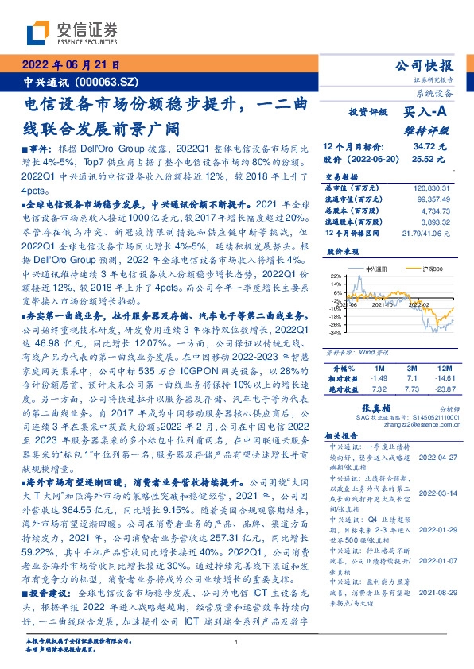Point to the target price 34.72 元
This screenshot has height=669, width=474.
coord(430,147)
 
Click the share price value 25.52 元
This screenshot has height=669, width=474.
coord(430,158)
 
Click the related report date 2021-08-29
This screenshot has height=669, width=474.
coord(436,570)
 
